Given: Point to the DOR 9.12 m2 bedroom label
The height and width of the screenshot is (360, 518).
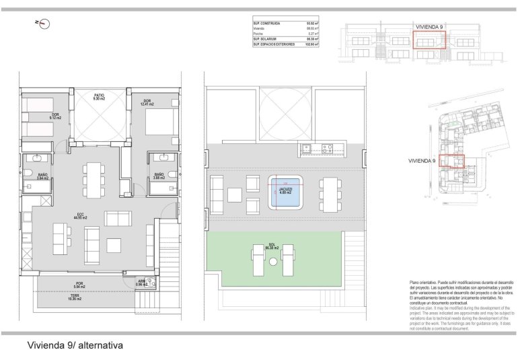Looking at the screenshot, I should (55, 116).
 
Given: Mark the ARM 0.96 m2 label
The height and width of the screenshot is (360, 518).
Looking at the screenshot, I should (141, 283).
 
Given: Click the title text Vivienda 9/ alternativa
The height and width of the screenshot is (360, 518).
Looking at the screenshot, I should (74, 345).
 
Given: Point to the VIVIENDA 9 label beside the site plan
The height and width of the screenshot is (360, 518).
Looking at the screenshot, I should (423, 161).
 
